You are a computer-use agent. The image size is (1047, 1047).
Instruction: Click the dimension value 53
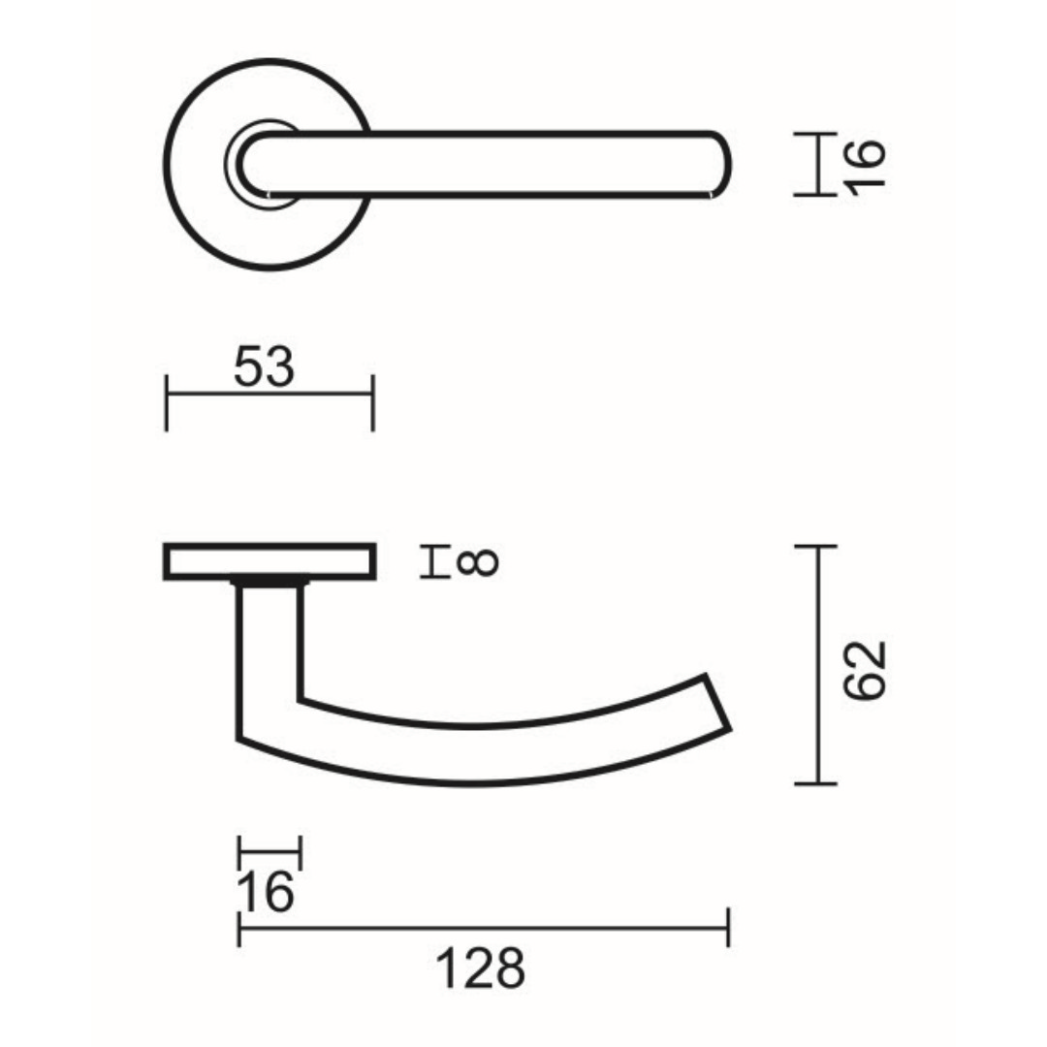pos(264,367)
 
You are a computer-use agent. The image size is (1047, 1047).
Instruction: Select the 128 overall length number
pos(480,968)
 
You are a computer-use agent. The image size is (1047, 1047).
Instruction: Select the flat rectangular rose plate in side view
pos(270,562)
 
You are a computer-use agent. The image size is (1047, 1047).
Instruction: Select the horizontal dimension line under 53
pos(270,394)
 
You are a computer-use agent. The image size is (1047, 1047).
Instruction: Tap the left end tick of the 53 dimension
pos(167,401)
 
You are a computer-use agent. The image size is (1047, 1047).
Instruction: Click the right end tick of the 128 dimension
pos(728,928)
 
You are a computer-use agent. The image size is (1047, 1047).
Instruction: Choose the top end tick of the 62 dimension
pos(815,548)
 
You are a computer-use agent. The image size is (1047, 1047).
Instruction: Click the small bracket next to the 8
pos(432,562)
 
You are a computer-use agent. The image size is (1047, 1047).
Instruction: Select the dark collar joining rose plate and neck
pos(270,583)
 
